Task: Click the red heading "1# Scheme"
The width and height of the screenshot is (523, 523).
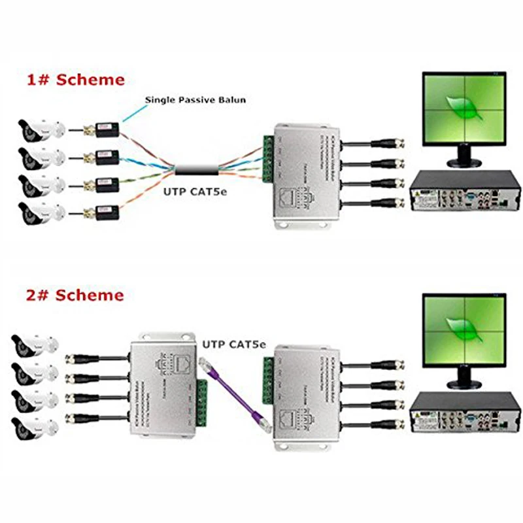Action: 75,80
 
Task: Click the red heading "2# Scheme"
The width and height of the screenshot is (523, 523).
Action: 75,295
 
